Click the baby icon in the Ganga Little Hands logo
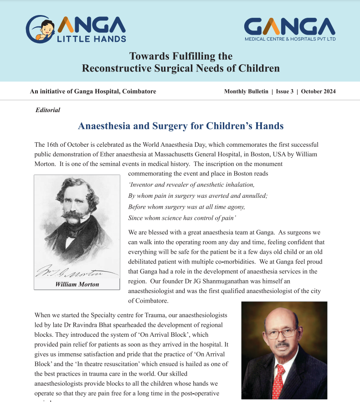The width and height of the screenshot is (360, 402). tap(44, 28)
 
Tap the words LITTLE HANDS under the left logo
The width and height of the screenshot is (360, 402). tap(91, 39)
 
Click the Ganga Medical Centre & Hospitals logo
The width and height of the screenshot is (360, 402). tap(290, 29)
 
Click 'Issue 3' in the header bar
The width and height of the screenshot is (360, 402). tap(284, 91)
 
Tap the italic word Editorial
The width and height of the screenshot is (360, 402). tap(47, 110)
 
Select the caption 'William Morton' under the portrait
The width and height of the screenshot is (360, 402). tap(77, 284)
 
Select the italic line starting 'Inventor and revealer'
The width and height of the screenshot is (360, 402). tap(191, 185)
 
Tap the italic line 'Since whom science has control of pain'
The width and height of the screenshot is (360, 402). tap(182, 218)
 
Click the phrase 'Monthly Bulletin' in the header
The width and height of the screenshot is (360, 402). tap(246, 91)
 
